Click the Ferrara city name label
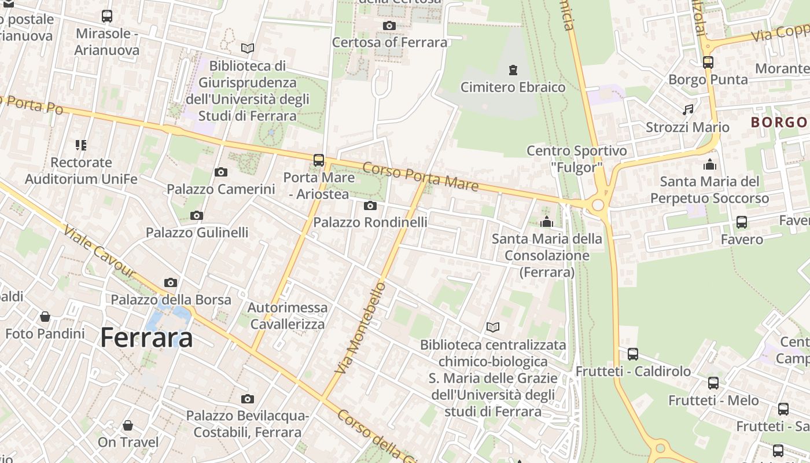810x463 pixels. [147, 337]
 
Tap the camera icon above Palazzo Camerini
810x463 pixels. [220, 172]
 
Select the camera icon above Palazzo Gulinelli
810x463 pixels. [197, 216]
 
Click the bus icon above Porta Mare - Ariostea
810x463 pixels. [319, 160]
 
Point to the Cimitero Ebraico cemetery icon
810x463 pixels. [513, 70]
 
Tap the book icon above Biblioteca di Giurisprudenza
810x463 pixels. [248, 49]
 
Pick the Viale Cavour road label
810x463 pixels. [99, 252]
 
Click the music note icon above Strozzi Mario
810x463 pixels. [688, 109]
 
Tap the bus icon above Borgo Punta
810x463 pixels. [708, 62]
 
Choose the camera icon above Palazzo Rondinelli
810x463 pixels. [370, 205]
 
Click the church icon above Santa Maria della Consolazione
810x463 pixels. [546, 222]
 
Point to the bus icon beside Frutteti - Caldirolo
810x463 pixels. [633, 354]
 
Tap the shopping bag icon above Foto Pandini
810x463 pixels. [45, 317]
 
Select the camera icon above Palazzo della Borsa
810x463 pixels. [171, 282]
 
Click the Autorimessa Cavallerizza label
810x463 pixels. [288, 315]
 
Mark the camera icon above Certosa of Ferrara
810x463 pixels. [389, 25]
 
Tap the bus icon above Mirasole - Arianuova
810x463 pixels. [107, 16]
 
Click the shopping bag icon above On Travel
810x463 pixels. [128, 425]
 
